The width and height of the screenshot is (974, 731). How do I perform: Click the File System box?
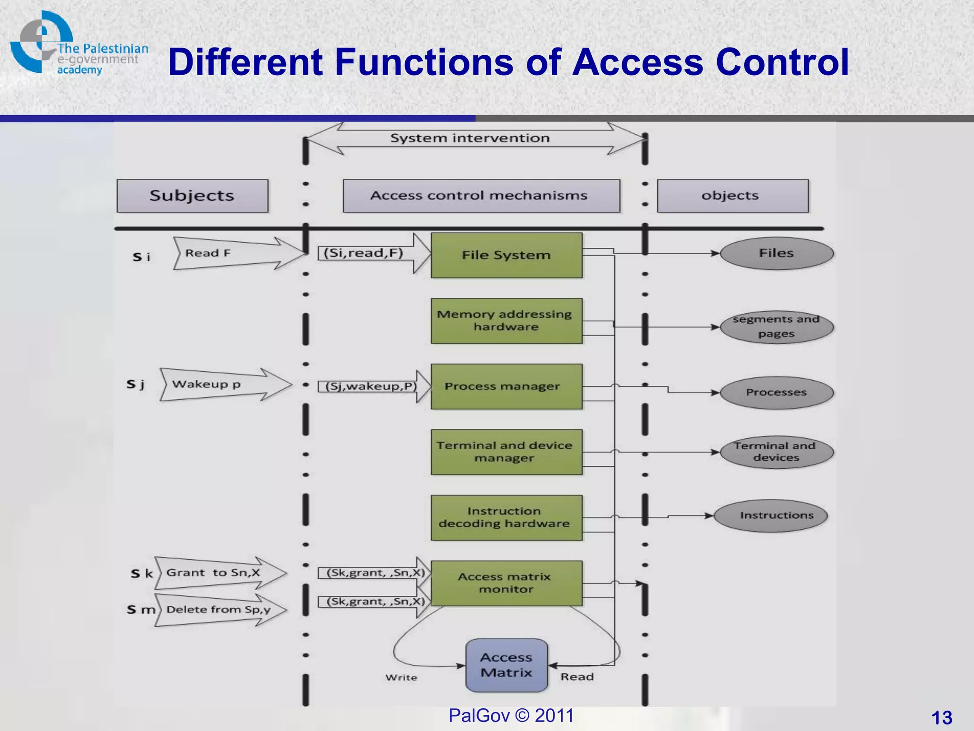pos(506,255)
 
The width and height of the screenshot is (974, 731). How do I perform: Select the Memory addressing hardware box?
pos(506,321)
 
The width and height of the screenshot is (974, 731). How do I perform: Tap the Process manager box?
pos(506,386)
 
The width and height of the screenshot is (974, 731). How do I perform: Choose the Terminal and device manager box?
pos(506,452)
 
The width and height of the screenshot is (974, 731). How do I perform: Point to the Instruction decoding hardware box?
pos(506,518)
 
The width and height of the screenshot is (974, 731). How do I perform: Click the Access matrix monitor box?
pos(506,583)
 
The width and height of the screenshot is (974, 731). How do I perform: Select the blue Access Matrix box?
pos(506,665)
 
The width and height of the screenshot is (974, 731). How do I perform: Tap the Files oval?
pos(777,253)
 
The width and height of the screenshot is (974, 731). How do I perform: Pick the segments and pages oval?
pos(777,327)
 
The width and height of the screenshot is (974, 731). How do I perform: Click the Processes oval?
pos(777,393)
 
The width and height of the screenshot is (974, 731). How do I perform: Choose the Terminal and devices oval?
pos(777,452)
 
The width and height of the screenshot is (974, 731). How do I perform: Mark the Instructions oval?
pos(770,515)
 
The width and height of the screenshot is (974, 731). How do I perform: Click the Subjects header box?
pos(192,196)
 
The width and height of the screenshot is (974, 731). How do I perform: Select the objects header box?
pos(732,196)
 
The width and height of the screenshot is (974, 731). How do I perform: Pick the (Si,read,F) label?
pos(363,253)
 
